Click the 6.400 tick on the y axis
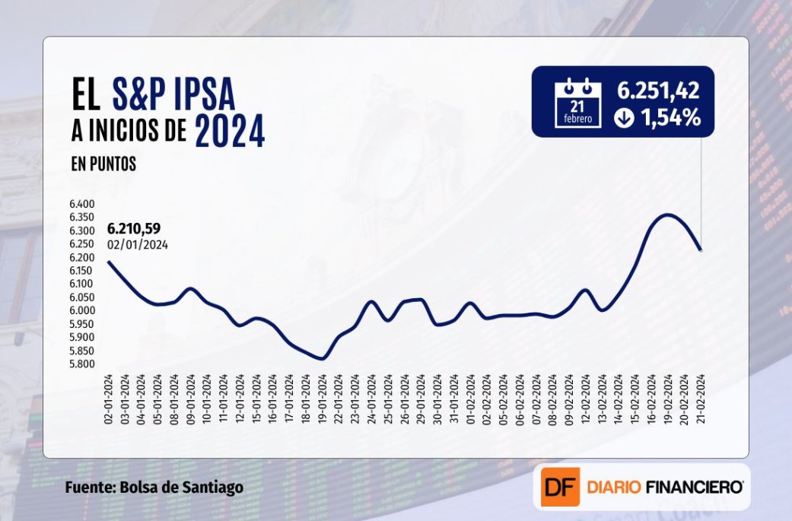(x=82, y=204)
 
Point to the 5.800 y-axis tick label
(x=82, y=364)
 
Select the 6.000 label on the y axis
(x=82, y=310)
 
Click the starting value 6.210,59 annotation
(x=134, y=228)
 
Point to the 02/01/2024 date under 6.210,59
(x=138, y=244)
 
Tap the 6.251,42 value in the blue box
(x=658, y=92)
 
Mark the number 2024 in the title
(x=230, y=131)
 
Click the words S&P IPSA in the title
(x=173, y=96)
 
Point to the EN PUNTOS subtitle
(x=104, y=164)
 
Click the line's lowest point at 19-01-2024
(x=323, y=358)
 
